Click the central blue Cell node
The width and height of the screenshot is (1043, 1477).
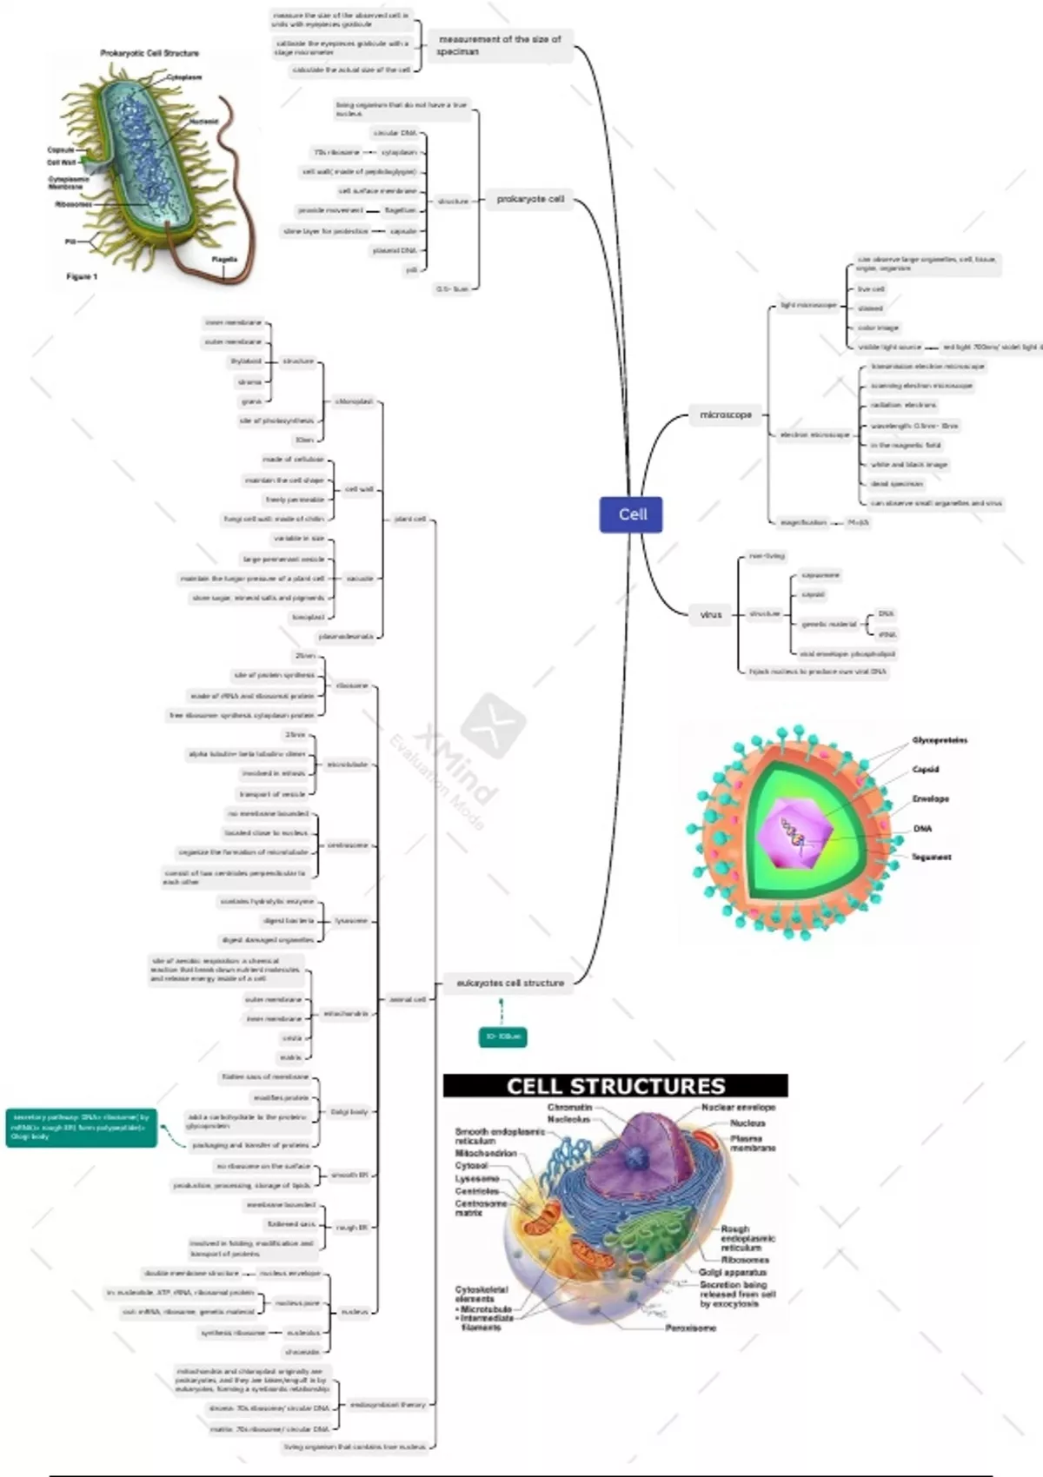pos(632,514)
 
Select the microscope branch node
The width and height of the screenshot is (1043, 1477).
pos(726,414)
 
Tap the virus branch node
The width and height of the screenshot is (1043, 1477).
pos(711,614)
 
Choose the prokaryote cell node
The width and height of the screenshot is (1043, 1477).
pos(530,199)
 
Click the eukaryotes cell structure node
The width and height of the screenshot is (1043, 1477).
pos(510,983)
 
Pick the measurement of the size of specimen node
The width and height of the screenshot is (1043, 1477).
pos(500,45)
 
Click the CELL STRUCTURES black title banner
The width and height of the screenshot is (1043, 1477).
pos(615,1086)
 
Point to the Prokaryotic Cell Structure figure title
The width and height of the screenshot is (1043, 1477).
pos(149,53)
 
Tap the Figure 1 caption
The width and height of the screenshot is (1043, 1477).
pos(83,276)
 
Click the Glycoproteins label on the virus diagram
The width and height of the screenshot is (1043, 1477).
pos(940,740)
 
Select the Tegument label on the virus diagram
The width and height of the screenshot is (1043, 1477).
pos(931,857)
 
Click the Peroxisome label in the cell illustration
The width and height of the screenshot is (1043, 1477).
pos(691,1328)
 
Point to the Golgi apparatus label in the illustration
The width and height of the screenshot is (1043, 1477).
pos(733,1272)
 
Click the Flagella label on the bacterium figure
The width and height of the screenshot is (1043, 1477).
pos(224,259)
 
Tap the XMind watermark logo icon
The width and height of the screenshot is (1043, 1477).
pos(493,723)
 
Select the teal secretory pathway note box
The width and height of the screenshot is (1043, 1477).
pos(81,1127)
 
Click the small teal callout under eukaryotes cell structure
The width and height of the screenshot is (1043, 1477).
pos(503,1037)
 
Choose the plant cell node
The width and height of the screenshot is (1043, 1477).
pos(410,519)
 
